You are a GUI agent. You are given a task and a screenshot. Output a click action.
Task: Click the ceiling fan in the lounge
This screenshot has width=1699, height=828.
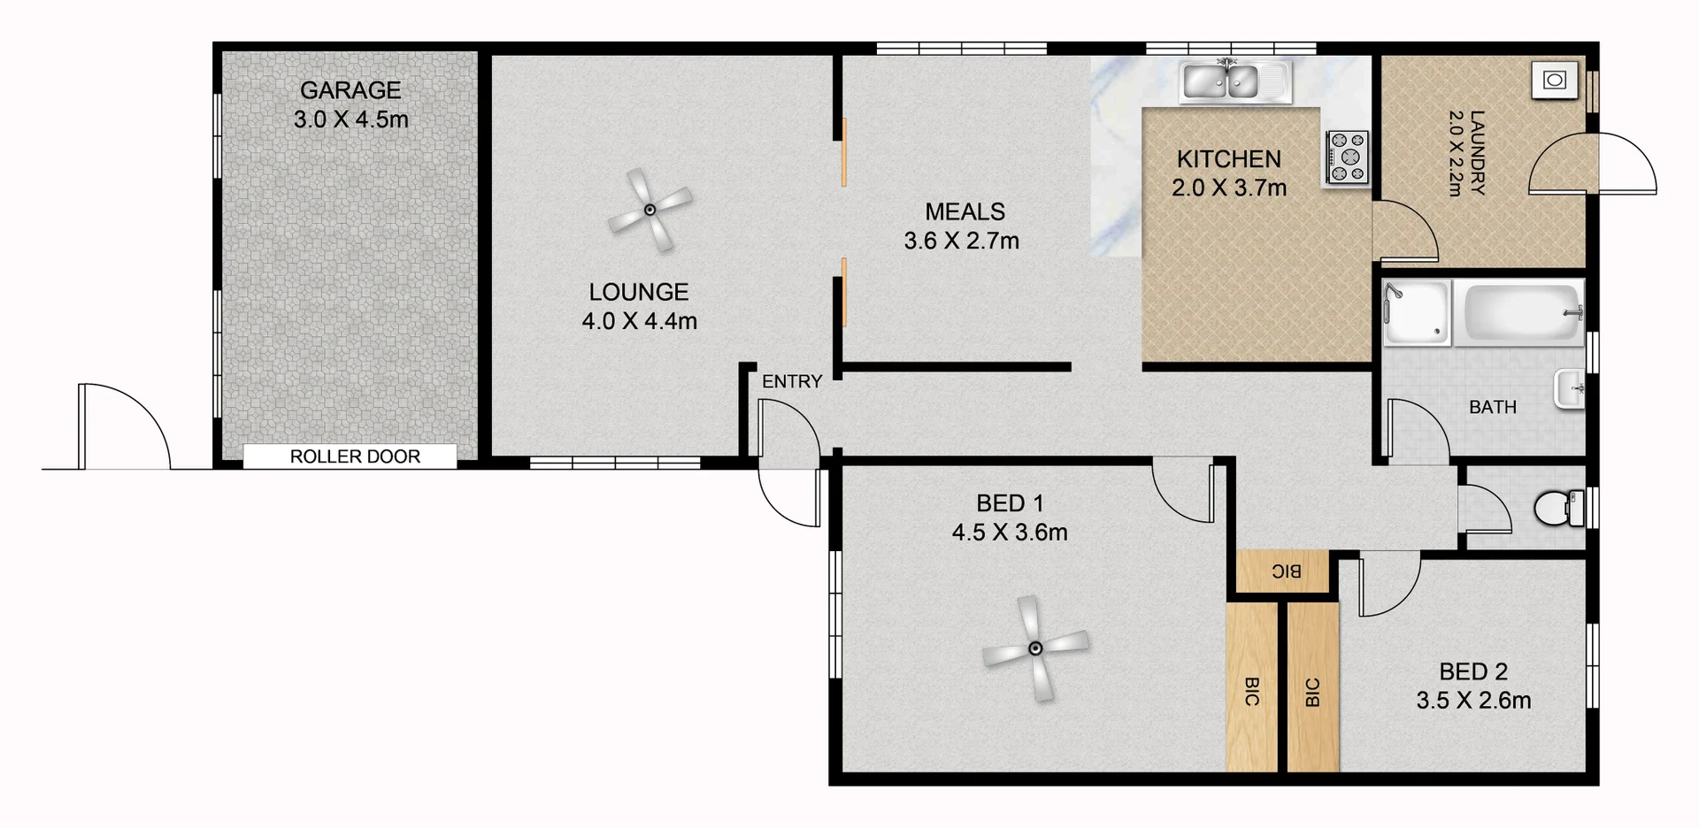(x=650, y=210)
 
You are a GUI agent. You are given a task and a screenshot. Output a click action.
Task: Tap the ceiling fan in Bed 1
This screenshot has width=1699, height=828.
(x=1034, y=648)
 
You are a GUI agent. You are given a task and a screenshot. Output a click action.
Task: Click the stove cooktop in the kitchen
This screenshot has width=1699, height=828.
(x=1347, y=157)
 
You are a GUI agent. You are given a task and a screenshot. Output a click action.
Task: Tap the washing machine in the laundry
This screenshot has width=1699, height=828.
(x=1555, y=80)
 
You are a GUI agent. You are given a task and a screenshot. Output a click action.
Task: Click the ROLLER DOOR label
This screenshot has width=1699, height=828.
(x=355, y=456)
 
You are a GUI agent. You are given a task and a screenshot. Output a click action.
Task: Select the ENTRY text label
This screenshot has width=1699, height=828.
(x=792, y=381)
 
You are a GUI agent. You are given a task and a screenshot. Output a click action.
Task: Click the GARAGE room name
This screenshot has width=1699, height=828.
(x=350, y=90)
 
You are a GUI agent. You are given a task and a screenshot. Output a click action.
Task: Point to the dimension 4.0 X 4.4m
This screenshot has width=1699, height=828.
(x=639, y=321)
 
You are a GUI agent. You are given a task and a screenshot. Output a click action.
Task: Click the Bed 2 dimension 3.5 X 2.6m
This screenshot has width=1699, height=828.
(x=1473, y=701)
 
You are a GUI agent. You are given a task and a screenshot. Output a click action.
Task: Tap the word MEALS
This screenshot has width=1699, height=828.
(x=965, y=211)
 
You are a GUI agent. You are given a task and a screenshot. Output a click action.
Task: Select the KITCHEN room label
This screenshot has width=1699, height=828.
(x=1228, y=159)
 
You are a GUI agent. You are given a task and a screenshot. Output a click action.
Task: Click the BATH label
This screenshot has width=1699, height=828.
(x=1492, y=407)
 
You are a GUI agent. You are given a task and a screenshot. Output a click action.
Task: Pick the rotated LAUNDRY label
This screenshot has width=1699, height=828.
(x=1476, y=152)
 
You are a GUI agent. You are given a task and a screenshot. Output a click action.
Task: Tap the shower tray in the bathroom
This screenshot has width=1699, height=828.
(x=1417, y=312)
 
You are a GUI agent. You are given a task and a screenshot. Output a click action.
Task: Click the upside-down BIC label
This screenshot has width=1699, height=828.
(x=1286, y=571)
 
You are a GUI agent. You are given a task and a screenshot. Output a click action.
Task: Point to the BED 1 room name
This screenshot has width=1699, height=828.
(x=1010, y=503)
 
